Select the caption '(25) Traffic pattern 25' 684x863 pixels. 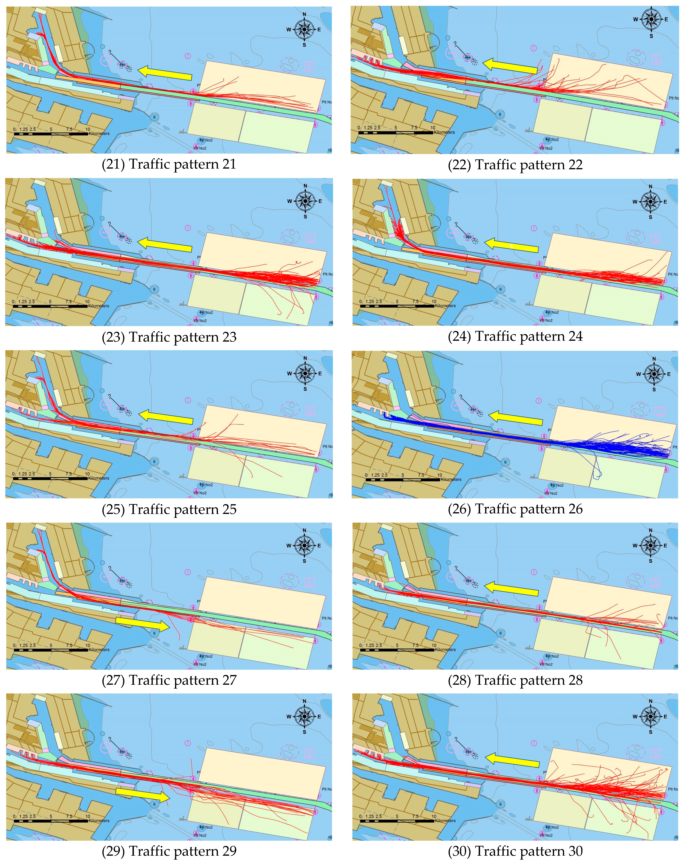coord(169,509)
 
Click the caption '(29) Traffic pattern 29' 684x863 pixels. coord(169,851)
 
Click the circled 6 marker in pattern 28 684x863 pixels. coord(500,633)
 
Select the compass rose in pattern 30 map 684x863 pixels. coord(650,717)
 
